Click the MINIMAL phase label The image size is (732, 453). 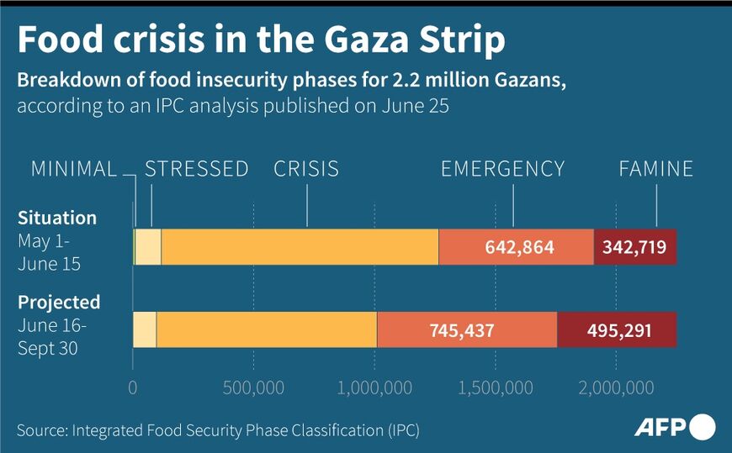pos(74,169)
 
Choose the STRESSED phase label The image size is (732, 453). pos(197,169)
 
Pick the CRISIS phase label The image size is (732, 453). pos(306,169)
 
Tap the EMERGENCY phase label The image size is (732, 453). pos(503,169)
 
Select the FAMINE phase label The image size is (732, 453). pos(656,169)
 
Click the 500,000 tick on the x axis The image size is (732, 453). pos(253,387)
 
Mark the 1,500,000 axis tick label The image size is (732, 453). pos(495,387)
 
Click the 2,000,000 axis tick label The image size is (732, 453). pos(616,387)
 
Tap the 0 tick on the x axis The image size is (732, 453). pos(133,387)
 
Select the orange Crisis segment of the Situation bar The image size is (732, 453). pos(300,247)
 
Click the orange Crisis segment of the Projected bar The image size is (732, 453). pos(266,329)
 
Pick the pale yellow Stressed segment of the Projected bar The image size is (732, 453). pos(145,329)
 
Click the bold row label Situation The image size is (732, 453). pos(57,219)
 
